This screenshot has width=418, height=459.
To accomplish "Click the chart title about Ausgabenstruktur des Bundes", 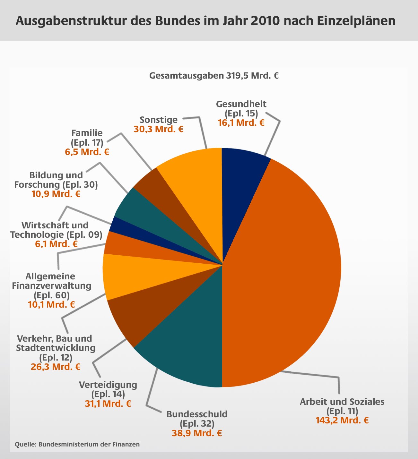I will point(205,21).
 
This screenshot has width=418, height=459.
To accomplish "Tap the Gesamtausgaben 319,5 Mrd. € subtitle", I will point(214,76).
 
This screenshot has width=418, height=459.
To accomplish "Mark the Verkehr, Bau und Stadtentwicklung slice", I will point(135,276).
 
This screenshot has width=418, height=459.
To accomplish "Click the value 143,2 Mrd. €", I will point(342,420).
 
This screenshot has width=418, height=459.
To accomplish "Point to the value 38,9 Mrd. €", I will point(197,433).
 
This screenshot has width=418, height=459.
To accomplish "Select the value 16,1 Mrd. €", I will point(241,123).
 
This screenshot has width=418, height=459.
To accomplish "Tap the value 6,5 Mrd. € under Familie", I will point(87,152).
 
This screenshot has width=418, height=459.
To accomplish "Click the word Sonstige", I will point(159,120).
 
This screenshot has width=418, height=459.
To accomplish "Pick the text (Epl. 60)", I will point(51,295).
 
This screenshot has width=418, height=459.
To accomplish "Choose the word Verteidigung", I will point(108,385).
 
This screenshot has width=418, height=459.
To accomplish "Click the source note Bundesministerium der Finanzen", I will point(77,444).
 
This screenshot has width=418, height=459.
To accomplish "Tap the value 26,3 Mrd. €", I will point(56,367).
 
